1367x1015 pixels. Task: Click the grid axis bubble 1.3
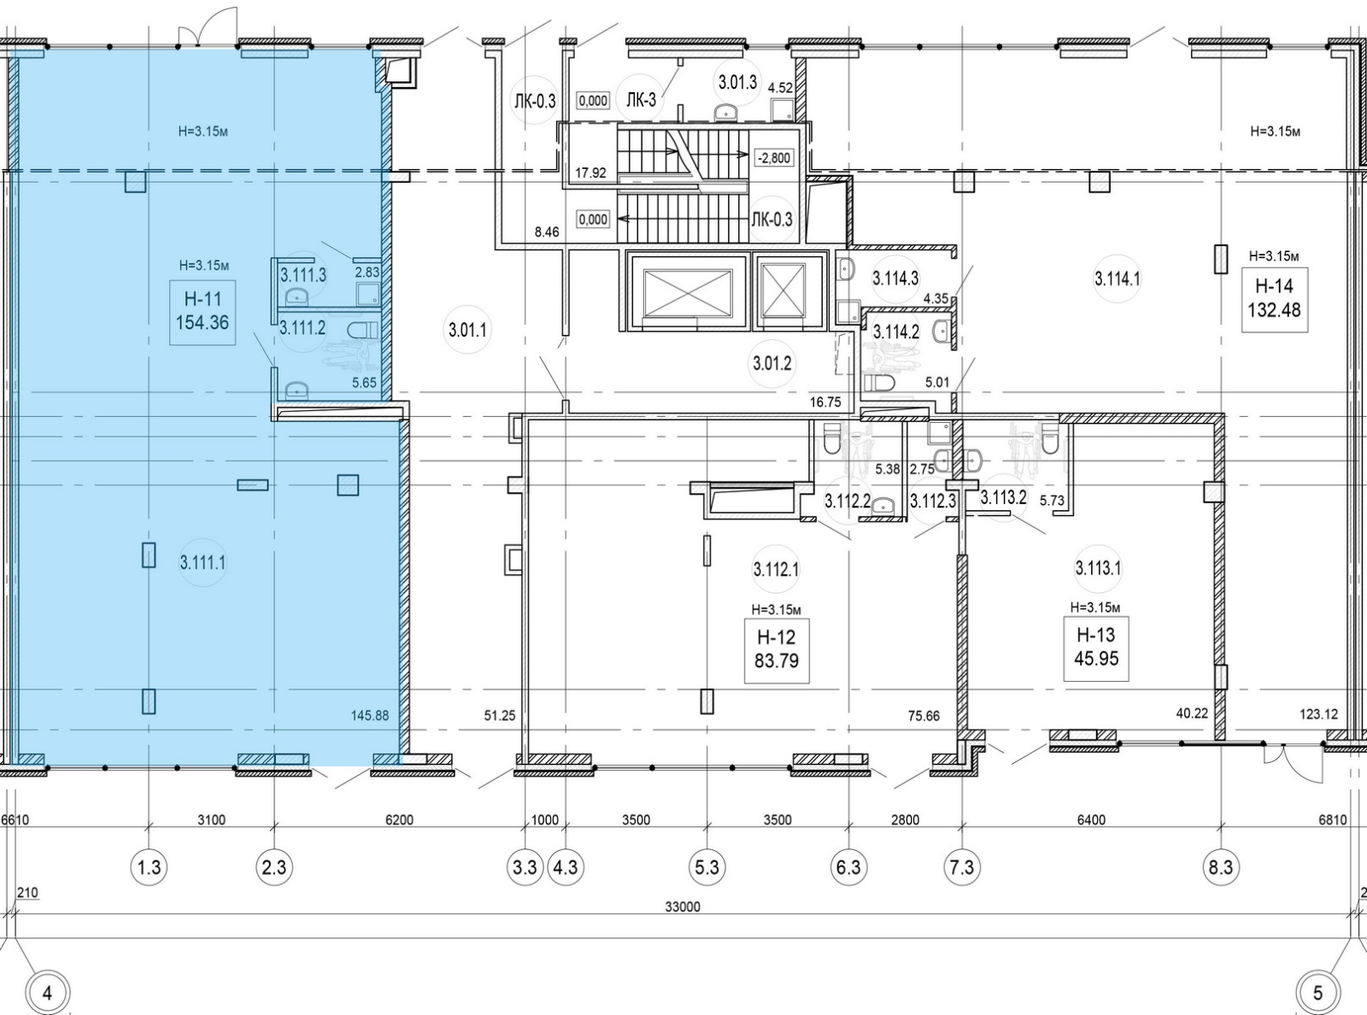click(x=150, y=867)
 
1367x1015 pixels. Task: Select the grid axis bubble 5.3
click(x=707, y=867)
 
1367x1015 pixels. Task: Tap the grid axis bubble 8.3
click(x=1220, y=867)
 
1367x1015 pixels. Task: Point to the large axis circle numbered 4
click(x=48, y=993)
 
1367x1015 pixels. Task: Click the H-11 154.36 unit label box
click(x=202, y=311)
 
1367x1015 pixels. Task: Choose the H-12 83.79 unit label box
click(x=777, y=650)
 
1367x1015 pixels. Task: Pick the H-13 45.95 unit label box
click(x=1096, y=648)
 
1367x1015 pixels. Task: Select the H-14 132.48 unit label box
click(x=1274, y=300)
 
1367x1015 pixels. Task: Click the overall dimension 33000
click(x=683, y=906)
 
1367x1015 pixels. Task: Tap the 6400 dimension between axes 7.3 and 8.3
click(x=1091, y=819)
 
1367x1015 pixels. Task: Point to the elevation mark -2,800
click(x=773, y=158)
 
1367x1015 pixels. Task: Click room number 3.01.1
click(x=467, y=331)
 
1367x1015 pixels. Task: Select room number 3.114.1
click(x=1118, y=279)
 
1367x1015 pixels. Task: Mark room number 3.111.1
click(x=202, y=562)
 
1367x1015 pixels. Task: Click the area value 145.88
click(x=370, y=715)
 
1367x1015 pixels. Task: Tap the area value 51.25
click(x=499, y=715)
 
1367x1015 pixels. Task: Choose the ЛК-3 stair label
click(x=641, y=100)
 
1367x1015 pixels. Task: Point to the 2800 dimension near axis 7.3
click(x=905, y=819)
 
